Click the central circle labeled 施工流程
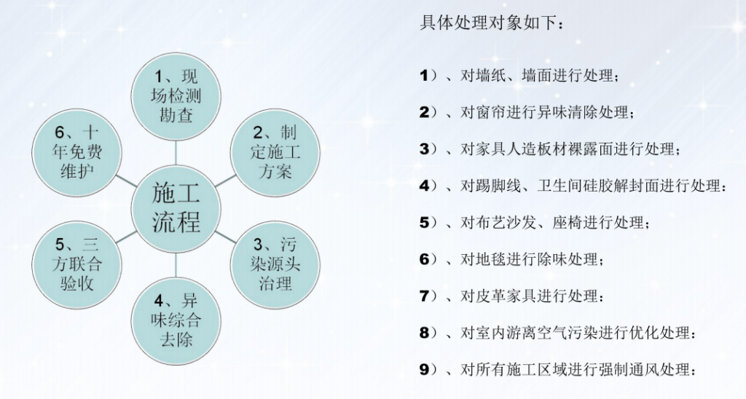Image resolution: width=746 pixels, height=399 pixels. click(x=176, y=208)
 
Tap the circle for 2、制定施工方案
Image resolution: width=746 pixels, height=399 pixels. click(x=275, y=152)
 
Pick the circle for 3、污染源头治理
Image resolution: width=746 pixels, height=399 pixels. click(x=275, y=264)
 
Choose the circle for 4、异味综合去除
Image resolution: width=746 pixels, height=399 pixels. click(x=176, y=320)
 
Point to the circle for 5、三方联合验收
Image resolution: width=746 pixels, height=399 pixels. click(x=76, y=264)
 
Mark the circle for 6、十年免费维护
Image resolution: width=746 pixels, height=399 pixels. click(x=76, y=152)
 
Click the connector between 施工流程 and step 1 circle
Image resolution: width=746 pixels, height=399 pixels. click(x=176, y=152)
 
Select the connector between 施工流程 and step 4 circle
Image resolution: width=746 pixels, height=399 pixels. click(x=176, y=264)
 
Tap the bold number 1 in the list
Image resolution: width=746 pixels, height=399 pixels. click(x=424, y=75)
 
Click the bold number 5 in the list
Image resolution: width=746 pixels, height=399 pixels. click(x=425, y=222)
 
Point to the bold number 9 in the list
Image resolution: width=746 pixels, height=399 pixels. click(x=425, y=369)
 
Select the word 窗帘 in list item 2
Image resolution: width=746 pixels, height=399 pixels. click(x=490, y=112)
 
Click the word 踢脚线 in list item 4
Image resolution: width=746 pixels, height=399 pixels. click(x=498, y=186)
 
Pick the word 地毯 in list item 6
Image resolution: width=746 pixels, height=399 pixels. click(x=490, y=259)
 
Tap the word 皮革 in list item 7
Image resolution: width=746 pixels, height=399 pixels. click(x=490, y=296)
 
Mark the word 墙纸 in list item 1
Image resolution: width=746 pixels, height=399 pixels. click(x=490, y=75)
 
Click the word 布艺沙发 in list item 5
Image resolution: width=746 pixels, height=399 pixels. click(x=506, y=222)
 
